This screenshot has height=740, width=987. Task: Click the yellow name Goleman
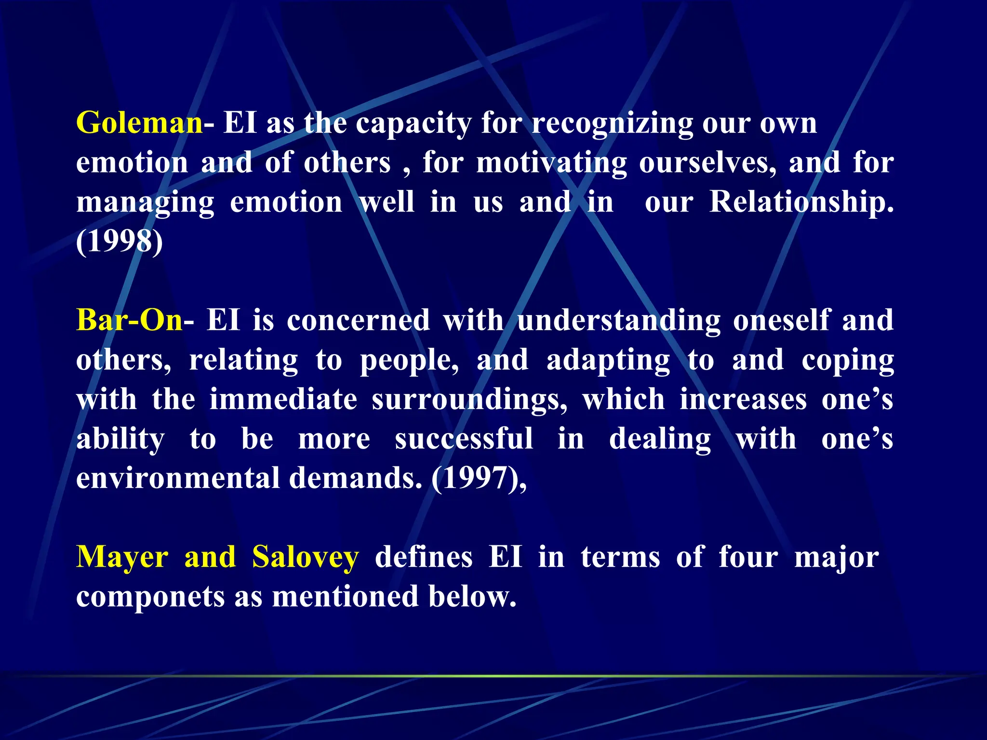139,123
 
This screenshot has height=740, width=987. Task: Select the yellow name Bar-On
129,320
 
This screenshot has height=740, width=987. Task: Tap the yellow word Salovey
306,557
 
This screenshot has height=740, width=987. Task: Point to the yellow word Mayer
122,557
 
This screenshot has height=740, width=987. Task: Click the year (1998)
120,241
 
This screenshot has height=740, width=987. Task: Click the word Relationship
801,202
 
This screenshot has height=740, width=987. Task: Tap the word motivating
552,163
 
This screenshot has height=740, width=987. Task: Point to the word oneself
781,320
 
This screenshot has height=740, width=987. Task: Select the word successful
464,439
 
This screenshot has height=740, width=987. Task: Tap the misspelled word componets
150,597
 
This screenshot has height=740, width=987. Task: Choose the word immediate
283,399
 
